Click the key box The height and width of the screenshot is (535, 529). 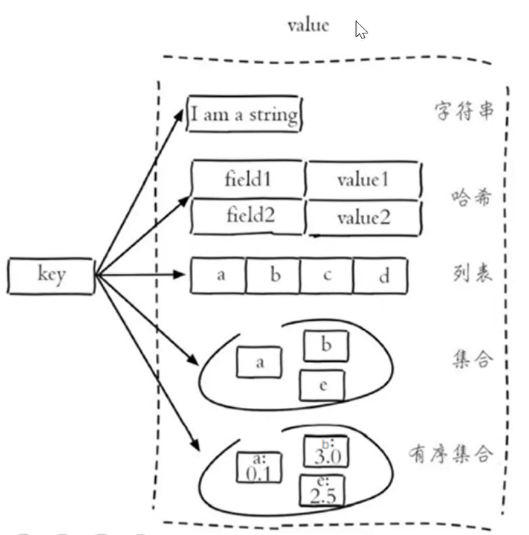(51, 276)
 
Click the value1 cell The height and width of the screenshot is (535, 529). (363, 179)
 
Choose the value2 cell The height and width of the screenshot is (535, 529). (363, 217)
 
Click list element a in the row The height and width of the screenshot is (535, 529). (220, 276)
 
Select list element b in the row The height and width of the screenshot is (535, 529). (274, 276)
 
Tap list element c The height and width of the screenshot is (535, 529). (327, 276)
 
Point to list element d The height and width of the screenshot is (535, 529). (382, 276)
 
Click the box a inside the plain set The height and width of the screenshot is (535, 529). (260, 362)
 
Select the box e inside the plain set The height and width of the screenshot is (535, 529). (323, 386)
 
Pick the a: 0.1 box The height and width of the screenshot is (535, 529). (259, 467)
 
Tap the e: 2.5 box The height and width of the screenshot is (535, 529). (323, 491)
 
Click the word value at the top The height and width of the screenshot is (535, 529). (308, 25)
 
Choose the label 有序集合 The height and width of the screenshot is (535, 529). (451, 454)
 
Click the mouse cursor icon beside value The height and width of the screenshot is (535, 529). (361, 30)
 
